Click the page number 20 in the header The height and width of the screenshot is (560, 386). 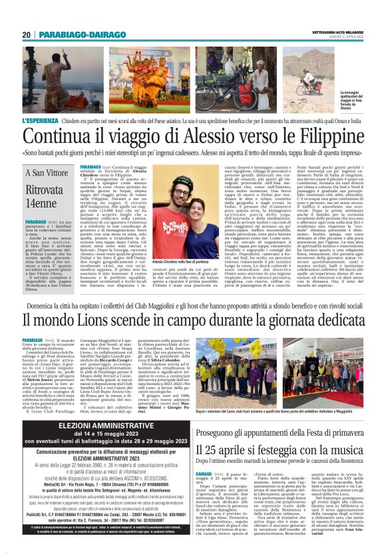[27, 35]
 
